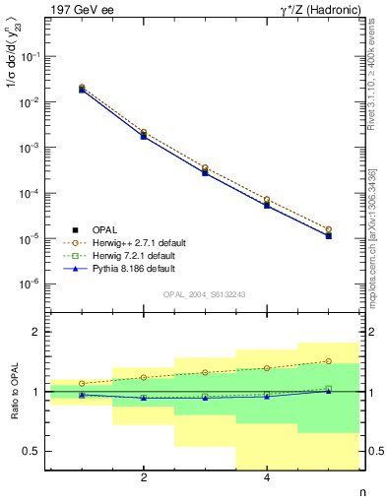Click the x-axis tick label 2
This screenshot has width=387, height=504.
[x=144, y=479]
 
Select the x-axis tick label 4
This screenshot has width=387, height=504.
[x=267, y=479]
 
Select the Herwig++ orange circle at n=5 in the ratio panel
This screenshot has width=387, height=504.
[x=329, y=361]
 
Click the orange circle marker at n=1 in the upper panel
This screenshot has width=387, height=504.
[x=82, y=87]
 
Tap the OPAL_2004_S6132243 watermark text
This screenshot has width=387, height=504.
[x=204, y=294]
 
